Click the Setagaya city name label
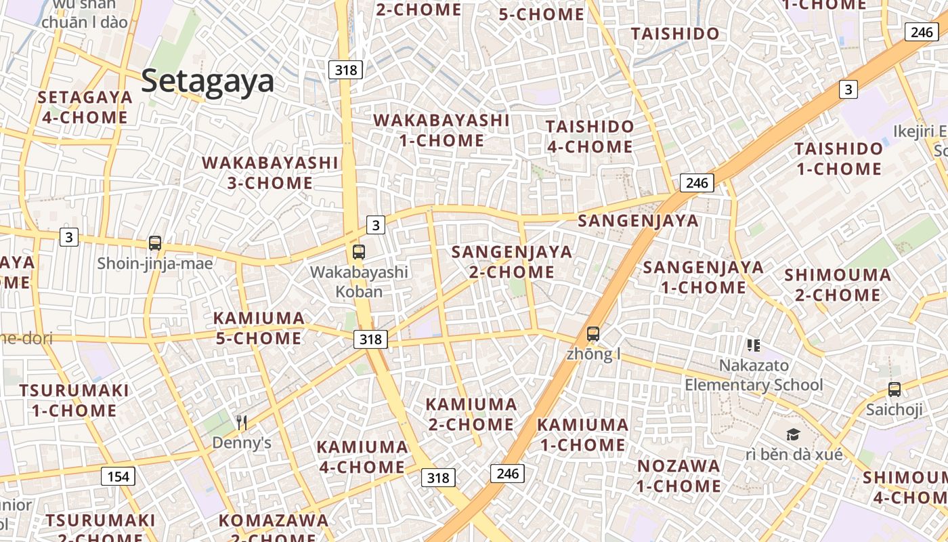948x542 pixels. [x=207, y=81]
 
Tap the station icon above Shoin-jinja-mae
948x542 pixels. [x=155, y=243]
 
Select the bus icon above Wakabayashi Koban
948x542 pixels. [x=359, y=252]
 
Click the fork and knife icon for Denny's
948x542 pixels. [x=242, y=423]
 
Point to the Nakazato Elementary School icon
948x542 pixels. [x=754, y=346]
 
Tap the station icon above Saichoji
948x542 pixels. [x=895, y=390]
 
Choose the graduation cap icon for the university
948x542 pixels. [x=793, y=434]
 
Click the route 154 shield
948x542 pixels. [x=118, y=476]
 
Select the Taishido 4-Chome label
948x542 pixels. [x=590, y=136]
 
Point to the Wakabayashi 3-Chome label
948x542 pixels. [x=270, y=173]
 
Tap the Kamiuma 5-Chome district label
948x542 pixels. [x=259, y=328]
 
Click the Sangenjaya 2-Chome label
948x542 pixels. [x=512, y=262]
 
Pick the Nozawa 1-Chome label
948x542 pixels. [x=678, y=476]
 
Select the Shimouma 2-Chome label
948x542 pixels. [x=838, y=285]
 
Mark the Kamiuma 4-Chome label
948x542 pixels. [x=362, y=457]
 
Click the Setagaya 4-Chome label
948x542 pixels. [x=85, y=107]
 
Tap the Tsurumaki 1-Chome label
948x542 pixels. [x=74, y=400]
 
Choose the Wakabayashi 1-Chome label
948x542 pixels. [x=441, y=130]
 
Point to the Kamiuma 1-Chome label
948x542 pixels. [x=582, y=435]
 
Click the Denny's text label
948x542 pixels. [x=242, y=443]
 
